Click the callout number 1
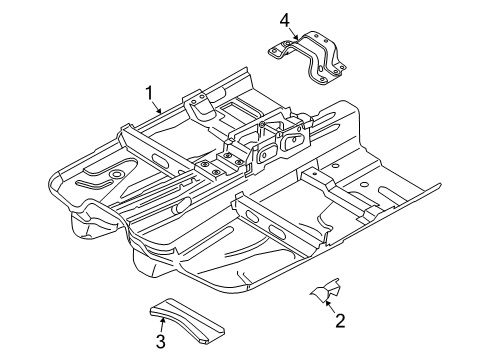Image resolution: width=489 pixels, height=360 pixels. pyautogui.click(x=149, y=93)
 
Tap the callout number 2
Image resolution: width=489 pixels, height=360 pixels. pyautogui.click(x=340, y=321)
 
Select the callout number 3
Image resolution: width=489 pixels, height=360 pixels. pyautogui.click(x=161, y=342)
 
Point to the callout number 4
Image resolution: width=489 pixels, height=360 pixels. pyautogui.click(x=285, y=21)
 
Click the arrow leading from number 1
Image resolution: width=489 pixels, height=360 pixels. pyautogui.click(x=157, y=107)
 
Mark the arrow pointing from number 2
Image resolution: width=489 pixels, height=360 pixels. pyautogui.click(x=330, y=307)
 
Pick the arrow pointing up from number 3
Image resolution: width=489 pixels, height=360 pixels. pyautogui.click(x=163, y=326)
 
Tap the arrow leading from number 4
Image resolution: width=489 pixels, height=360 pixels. pyautogui.click(x=293, y=34)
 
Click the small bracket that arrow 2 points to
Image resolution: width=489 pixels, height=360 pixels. pyautogui.click(x=326, y=290)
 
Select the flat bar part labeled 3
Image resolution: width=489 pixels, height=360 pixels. pyautogui.click(x=187, y=320)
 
